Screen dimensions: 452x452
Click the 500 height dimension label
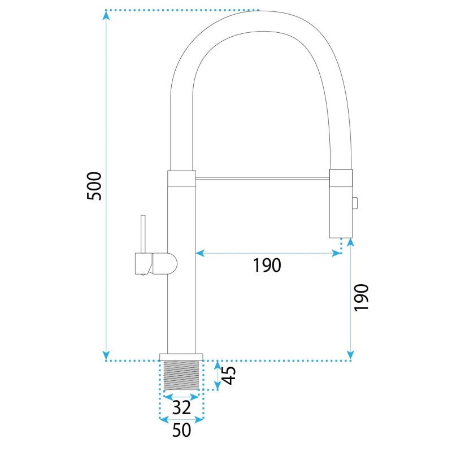[x=94, y=186]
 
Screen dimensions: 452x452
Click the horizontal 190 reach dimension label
[x=267, y=265]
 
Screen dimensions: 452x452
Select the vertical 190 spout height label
[x=361, y=298]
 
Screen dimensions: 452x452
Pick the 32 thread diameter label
[x=181, y=407]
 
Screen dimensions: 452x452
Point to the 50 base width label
[x=181, y=430]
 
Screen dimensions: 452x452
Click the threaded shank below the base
[x=181, y=375]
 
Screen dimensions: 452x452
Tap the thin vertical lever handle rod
[x=143, y=234]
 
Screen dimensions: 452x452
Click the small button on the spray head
[x=355, y=203]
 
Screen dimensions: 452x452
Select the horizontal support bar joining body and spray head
[x=263, y=179]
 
